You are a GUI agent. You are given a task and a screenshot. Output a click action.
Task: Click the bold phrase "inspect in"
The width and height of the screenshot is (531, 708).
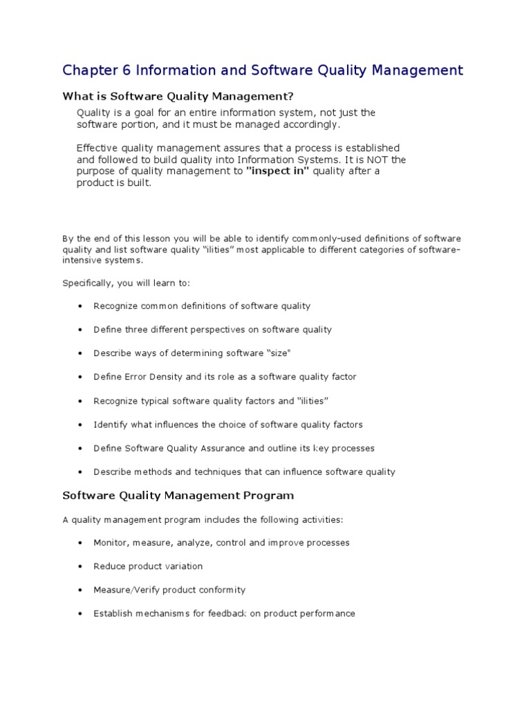coord(277,171)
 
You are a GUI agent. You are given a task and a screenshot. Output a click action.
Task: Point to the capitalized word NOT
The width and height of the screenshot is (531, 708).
coord(376,160)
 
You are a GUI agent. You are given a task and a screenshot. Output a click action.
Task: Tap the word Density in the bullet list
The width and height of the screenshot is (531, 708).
coord(171,377)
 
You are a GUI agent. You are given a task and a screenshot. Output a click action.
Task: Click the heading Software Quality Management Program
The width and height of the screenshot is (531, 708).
coord(178,496)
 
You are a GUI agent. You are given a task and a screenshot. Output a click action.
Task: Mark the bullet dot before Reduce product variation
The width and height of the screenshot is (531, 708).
coord(81,567)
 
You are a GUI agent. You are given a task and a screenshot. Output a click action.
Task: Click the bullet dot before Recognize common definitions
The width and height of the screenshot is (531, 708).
coord(81,306)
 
